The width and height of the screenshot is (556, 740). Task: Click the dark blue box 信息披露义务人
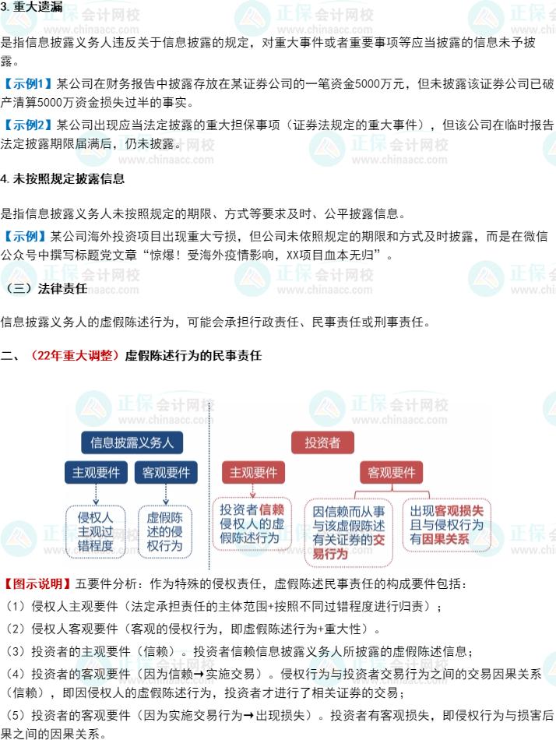(x=132, y=442)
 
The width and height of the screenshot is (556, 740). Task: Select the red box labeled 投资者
(x=322, y=442)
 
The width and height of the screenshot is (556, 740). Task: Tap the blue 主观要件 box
(x=96, y=472)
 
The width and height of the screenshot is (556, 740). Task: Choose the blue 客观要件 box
(x=166, y=472)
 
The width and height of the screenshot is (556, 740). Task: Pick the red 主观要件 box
(x=253, y=472)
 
